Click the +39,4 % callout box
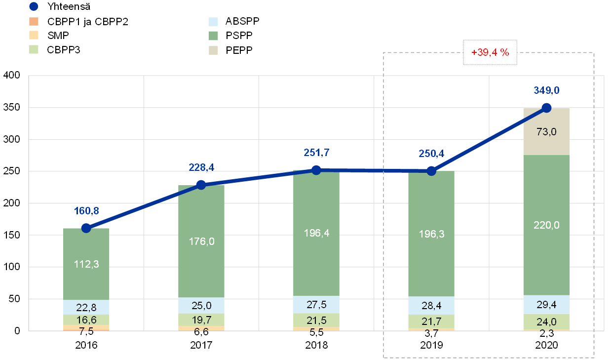(490, 52)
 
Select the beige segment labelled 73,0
(546, 131)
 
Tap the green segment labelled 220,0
(546, 225)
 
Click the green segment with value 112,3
(86, 264)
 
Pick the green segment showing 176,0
(201, 241)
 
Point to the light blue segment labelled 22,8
(86, 307)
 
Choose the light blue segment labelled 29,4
(546, 304)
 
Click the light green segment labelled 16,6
(86, 320)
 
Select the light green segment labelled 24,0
(546, 321)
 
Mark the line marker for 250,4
(431, 171)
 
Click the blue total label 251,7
(316, 153)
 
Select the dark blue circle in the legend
(34, 6)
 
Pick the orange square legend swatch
(34, 21)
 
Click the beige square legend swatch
(213, 50)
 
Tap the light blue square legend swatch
(213, 21)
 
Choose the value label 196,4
(316, 233)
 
